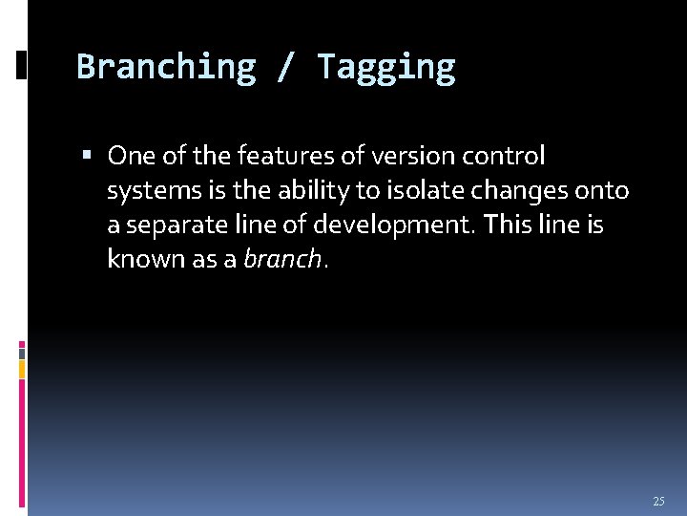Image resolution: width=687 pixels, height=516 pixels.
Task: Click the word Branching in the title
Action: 166,67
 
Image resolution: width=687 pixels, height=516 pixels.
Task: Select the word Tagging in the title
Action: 385,67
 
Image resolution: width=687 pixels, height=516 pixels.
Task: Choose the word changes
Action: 521,190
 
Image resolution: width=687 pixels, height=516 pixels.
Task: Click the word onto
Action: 603,190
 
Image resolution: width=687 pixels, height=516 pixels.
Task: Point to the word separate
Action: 170,225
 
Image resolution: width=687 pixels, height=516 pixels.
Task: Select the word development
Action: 405,225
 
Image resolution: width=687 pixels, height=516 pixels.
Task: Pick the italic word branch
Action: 281,259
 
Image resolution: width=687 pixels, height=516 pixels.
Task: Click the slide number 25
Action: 658,501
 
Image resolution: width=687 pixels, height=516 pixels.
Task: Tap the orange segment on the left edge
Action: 22,369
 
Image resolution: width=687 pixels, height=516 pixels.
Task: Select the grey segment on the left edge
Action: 22,352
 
